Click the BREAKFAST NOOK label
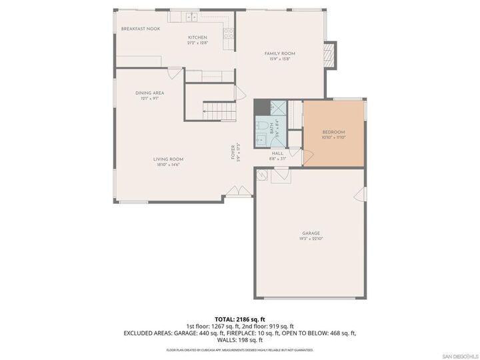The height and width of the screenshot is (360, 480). pos(140,29)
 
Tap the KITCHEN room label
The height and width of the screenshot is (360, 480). pos(197,37)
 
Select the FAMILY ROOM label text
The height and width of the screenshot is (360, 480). pos(279,53)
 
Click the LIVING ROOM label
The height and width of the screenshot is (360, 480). pos(168,159)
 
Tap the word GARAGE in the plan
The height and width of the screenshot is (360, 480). pos(311,233)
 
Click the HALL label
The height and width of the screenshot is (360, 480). pos(277,153)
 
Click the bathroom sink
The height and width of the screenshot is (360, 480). pos(261,138)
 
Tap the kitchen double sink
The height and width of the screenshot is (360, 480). pos(191,17)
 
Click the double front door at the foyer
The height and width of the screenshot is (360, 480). pos(235,192)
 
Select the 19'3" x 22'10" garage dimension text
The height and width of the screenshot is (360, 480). pos(311,239)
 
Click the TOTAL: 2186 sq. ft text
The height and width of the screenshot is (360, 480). pos(240,320)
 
